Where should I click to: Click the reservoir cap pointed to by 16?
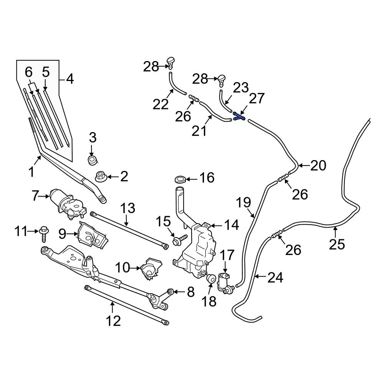180,179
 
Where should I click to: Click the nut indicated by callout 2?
101,177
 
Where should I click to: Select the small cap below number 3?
92,160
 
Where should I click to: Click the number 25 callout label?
337,244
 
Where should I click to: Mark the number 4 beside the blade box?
70,79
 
